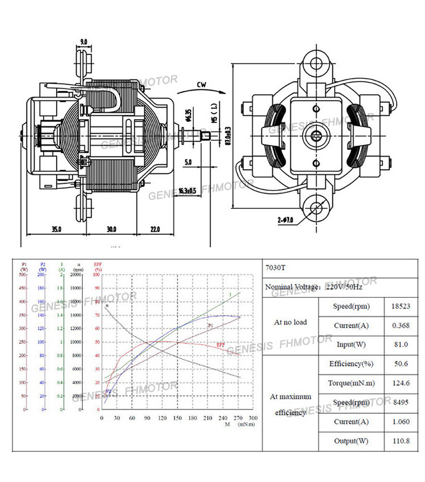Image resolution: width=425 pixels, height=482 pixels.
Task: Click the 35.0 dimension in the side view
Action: [56, 229]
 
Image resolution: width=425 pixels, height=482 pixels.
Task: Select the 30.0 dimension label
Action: [111, 229]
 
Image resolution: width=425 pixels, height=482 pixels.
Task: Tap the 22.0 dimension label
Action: [155, 229]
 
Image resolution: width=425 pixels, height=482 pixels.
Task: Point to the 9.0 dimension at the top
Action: [83, 42]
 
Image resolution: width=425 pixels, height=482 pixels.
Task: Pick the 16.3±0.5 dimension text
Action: [186, 191]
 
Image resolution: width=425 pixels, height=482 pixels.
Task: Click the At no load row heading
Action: [290, 322]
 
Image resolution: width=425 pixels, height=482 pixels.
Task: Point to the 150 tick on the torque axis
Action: [177, 418]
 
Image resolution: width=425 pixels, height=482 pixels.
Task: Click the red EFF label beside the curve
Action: [220, 345]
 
